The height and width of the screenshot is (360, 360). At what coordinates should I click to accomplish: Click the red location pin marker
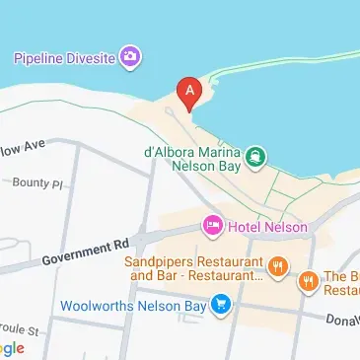point(189,93)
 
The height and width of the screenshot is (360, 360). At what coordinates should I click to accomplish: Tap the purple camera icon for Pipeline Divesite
point(129,56)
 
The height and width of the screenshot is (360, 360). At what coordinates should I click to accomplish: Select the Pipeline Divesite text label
point(61,57)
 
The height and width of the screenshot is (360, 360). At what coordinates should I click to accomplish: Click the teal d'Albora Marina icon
point(255,156)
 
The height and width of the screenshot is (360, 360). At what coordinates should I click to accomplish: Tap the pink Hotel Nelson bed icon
point(212,226)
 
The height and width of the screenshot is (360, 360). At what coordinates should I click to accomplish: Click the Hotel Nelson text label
point(267,227)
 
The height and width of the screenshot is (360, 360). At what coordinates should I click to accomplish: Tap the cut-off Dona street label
point(343,321)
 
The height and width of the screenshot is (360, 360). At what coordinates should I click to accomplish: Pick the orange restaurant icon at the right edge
point(309,280)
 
